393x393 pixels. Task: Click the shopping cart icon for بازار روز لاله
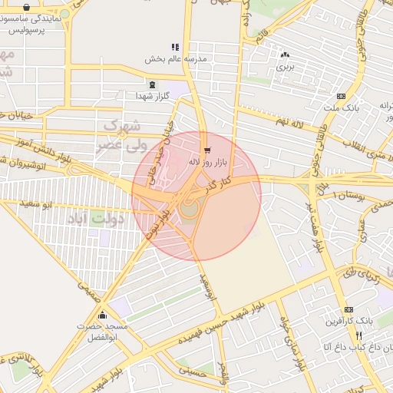click(x=207, y=149)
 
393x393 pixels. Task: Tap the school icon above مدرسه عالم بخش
click(x=174, y=47)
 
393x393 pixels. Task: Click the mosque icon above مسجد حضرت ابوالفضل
click(x=102, y=315)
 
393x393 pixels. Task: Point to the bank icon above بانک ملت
click(x=341, y=96)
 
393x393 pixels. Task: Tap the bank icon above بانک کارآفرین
click(x=349, y=309)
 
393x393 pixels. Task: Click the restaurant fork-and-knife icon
click(x=358, y=336)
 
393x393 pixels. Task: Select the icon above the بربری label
click(x=285, y=54)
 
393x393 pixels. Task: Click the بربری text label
click(x=285, y=67)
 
